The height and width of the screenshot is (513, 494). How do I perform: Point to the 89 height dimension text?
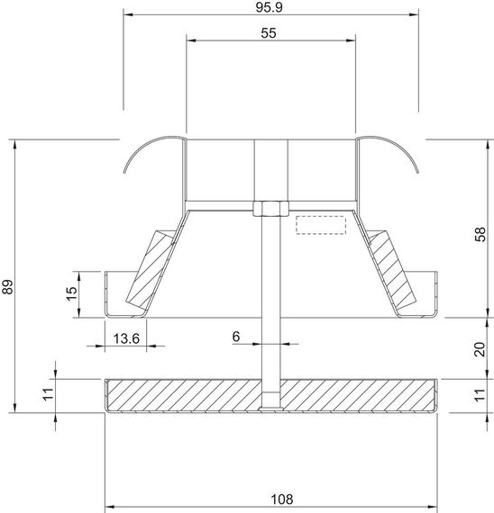tap(8, 287)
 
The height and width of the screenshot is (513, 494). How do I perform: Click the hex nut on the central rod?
tap(268, 209)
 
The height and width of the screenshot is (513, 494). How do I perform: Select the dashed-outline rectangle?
tap(322, 225)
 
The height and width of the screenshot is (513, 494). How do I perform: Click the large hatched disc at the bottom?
tap(180, 394)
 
